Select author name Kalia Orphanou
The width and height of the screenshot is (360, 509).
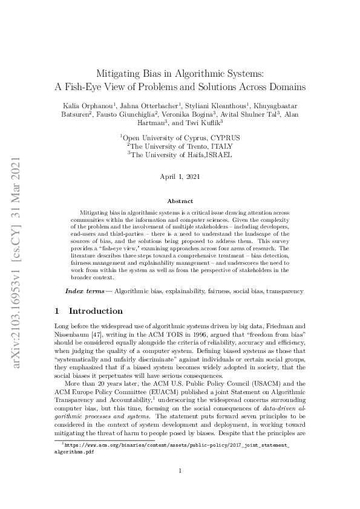(90, 106)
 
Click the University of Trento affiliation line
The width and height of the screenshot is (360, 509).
(182, 146)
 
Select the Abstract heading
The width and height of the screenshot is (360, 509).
(180, 201)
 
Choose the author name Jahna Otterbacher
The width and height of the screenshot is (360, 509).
(154, 106)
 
